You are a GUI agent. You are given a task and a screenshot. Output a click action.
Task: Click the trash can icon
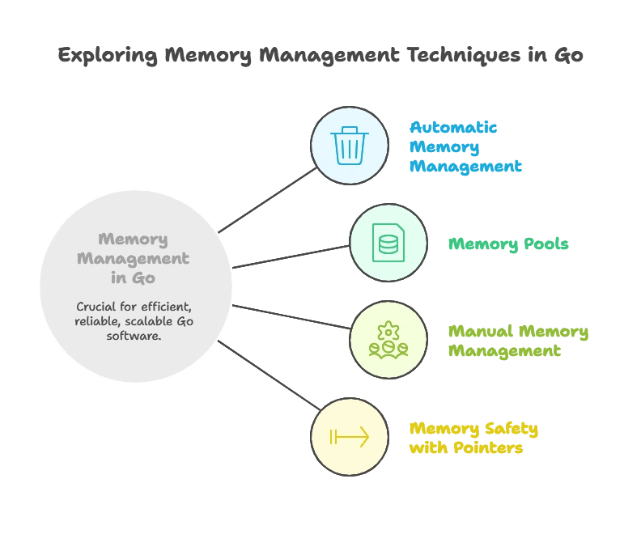pyautogui.click(x=350, y=146)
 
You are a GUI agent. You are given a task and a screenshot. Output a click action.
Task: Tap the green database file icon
pyautogui.click(x=388, y=243)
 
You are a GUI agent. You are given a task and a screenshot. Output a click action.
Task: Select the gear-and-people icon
pyautogui.click(x=388, y=340)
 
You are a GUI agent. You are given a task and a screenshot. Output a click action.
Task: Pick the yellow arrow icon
pyautogui.click(x=350, y=437)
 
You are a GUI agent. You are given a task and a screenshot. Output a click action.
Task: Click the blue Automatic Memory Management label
pyautogui.click(x=465, y=147)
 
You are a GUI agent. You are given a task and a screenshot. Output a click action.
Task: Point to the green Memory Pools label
pyautogui.click(x=508, y=244)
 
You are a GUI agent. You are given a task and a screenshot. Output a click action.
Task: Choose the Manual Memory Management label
pyautogui.click(x=518, y=341)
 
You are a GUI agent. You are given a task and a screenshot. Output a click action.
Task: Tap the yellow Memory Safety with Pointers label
pyautogui.click(x=474, y=438)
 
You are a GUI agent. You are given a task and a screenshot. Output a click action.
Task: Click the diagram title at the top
pyautogui.click(x=320, y=56)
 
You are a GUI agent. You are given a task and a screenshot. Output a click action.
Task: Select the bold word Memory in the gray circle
pyautogui.click(x=134, y=239)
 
